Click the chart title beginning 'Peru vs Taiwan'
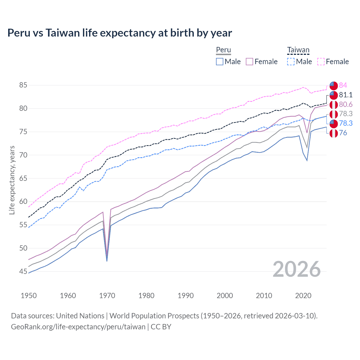click(120, 33)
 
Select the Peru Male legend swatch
click(220, 62)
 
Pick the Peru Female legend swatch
click(249, 62)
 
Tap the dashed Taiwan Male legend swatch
click(291, 62)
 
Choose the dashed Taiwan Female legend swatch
click(321, 62)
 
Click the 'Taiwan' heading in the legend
click(298, 50)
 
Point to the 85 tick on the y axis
click(23, 85)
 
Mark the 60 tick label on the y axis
click(23, 202)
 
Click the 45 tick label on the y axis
click(23, 271)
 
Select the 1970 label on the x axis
click(107, 296)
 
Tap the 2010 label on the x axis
click(264, 296)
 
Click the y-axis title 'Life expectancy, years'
click(12, 180)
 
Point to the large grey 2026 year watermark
click(296, 269)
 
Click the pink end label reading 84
click(343, 85)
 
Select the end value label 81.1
click(346, 95)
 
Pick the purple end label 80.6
click(346, 104)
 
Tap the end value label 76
click(343, 133)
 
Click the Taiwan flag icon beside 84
click(334, 85)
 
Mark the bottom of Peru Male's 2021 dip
click(307, 161)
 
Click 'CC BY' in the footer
click(161, 327)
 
